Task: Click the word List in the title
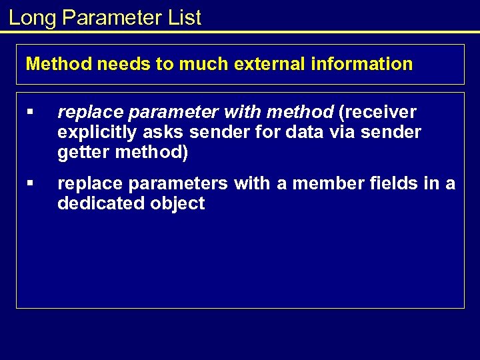pyautogui.click(x=185, y=18)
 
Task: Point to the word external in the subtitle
pyautogui.click(x=258, y=64)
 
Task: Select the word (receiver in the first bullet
pyautogui.click(x=378, y=112)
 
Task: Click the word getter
pyautogui.click(x=83, y=152)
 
